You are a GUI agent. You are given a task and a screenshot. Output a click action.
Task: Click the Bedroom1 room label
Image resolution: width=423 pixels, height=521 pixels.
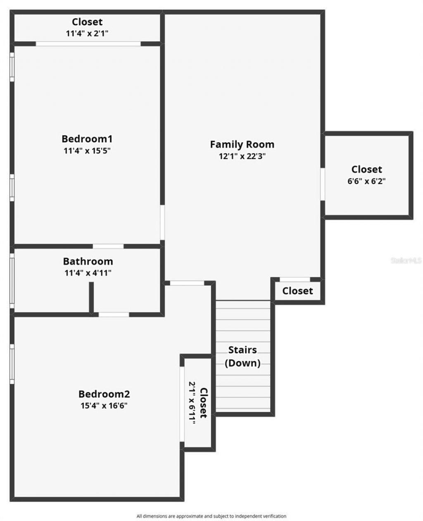tap(87, 138)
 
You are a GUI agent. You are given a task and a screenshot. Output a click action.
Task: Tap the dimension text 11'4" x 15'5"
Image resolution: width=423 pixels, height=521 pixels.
tap(87, 151)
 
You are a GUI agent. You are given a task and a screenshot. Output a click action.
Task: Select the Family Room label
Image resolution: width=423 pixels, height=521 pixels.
tap(242, 144)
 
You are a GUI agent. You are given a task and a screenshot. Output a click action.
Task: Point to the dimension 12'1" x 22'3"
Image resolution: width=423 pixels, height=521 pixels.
tap(242, 156)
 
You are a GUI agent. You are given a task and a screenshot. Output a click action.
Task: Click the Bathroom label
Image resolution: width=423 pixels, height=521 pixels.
tap(88, 261)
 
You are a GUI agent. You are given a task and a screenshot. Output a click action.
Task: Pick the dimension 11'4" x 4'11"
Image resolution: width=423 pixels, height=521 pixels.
tap(88, 273)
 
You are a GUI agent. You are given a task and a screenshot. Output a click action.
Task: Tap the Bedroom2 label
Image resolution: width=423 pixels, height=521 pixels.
tap(104, 394)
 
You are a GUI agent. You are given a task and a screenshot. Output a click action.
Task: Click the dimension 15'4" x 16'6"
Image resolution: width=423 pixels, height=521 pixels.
tap(104, 405)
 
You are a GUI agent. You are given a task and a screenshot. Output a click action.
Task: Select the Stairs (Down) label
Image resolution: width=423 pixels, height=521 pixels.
tap(242, 357)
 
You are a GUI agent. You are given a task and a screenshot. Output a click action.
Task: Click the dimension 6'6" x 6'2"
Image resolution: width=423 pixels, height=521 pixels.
tap(366, 181)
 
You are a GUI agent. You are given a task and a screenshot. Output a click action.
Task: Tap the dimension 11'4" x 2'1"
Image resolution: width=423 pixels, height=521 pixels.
tap(87, 33)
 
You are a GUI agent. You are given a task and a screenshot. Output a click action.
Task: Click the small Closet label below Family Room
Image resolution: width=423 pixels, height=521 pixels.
tap(297, 291)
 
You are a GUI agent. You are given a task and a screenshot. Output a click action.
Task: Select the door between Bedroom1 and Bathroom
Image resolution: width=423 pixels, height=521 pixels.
tap(108, 246)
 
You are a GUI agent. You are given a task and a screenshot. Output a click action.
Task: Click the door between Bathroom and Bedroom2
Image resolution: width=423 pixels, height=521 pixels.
tap(114, 315)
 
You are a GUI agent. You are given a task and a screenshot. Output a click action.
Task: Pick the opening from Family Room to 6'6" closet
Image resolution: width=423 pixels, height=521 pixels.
tap(323, 184)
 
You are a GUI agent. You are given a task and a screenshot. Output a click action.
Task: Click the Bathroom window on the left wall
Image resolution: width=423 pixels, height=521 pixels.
tap(12, 281)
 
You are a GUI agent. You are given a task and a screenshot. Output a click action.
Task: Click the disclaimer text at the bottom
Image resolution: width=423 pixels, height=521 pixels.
tap(211, 516)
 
